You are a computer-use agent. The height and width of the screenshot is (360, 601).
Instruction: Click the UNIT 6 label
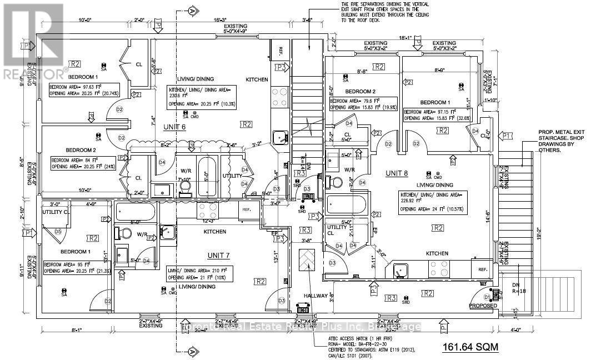[x=175, y=127]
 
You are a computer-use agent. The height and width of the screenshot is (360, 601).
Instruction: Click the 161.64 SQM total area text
[x=469, y=348]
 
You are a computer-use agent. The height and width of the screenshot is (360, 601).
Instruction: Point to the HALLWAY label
[x=315, y=296]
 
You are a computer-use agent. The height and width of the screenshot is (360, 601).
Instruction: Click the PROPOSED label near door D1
[x=482, y=306]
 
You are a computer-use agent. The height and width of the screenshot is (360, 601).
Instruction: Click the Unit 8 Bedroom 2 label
[x=360, y=91]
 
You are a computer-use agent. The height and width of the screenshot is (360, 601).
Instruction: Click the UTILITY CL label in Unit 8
[x=337, y=231]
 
